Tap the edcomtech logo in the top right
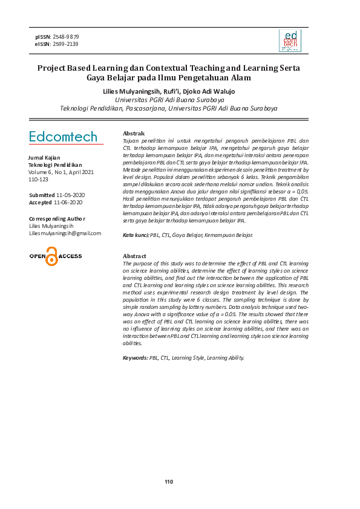[289, 41]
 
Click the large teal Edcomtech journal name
[63, 137]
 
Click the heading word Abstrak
[133, 133]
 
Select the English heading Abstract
[134, 256]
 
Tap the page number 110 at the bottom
[169, 482]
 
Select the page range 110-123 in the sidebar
[39, 180]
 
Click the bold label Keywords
[135, 358]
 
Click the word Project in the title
[53, 68]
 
